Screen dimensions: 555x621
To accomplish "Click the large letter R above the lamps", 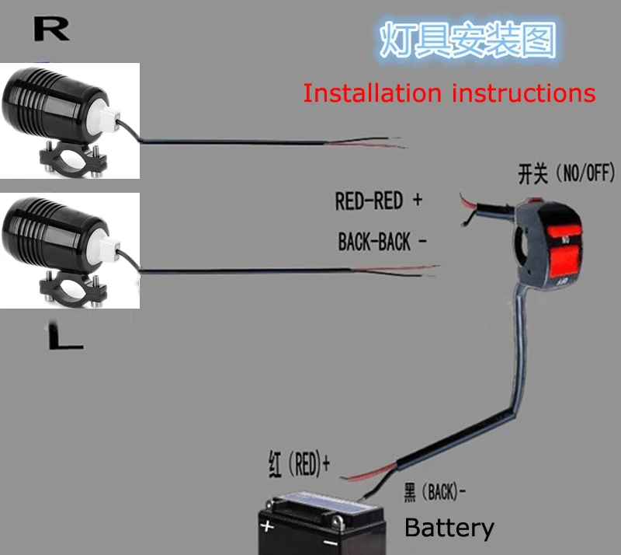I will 52,29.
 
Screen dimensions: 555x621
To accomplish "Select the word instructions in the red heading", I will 523,93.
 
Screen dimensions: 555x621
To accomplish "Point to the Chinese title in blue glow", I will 468,40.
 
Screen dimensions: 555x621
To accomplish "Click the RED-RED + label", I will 378,201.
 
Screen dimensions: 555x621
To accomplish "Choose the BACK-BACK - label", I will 382,242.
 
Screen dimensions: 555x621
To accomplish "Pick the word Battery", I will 449,529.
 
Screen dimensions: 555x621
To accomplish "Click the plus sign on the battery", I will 267,526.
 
